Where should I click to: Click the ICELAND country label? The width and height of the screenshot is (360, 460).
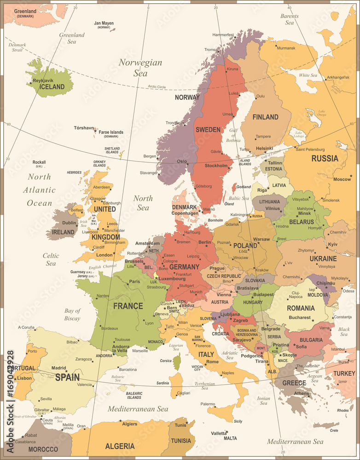click(x=52, y=87)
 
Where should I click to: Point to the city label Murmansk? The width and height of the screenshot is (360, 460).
click(x=286, y=48)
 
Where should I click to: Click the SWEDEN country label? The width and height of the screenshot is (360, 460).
click(x=208, y=130)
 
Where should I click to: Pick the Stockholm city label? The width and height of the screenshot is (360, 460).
click(x=216, y=166)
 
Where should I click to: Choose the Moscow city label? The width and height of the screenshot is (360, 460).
click(x=342, y=179)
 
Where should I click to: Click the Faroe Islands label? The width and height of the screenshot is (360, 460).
click(x=111, y=132)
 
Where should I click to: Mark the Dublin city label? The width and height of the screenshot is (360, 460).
click(x=69, y=223)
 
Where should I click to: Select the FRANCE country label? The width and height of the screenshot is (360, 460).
click(x=128, y=306)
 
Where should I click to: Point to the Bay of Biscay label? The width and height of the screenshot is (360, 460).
click(x=72, y=315)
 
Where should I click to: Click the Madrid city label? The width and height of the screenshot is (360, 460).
click(x=58, y=368)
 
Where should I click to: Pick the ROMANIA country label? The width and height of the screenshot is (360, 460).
click(x=301, y=308)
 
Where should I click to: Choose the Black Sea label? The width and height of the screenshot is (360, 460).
click(x=344, y=332)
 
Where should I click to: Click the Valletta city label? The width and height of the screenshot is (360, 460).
click(x=219, y=433)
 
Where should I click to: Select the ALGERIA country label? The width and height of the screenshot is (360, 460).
click(x=120, y=446)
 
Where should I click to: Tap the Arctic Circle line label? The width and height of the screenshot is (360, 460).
click(x=157, y=86)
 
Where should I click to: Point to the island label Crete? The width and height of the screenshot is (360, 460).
click(x=334, y=431)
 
